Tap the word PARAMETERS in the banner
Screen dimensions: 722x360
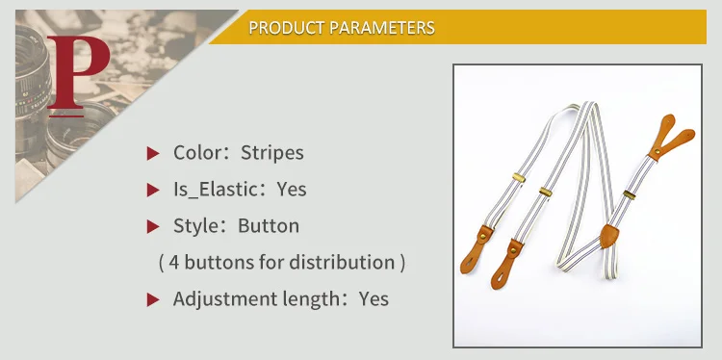click(382, 28)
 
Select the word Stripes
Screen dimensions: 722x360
click(272, 153)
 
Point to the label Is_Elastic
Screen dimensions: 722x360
click(215, 190)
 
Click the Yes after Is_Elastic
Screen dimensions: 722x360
click(292, 190)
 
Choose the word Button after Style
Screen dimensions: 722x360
click(269, 225)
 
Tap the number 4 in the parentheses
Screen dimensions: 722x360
click(173, 263)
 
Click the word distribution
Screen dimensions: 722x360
click(342, 262)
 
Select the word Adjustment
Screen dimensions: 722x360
click(218, 299)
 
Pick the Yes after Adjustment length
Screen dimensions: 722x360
click(374, 298)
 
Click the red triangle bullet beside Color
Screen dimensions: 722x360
click(153, 153)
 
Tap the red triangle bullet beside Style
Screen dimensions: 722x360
click(153, 226)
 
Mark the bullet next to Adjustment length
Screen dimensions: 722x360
click(153, 300)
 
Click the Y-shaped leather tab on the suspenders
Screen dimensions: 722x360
click(669, 138)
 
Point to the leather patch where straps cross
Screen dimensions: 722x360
click(609, 236)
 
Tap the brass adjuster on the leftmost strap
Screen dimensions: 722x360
click(519, 177)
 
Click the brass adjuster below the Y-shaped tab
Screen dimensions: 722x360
click(630, 194)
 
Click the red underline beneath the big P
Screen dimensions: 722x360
click(66, 116)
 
